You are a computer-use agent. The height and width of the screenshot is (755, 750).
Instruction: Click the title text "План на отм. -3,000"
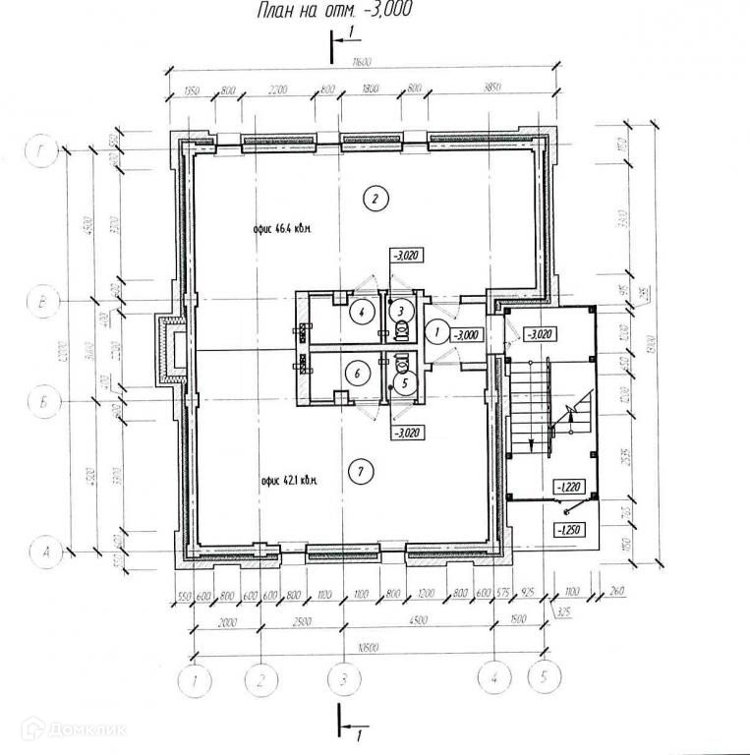333,13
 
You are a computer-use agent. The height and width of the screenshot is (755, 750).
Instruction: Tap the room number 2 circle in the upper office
374,200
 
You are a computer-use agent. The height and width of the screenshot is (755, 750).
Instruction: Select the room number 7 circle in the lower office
363,472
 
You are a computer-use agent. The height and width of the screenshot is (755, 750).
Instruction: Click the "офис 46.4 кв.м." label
282,229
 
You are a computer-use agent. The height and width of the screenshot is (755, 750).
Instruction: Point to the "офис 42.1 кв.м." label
294,481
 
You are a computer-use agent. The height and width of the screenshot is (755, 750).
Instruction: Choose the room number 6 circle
360,373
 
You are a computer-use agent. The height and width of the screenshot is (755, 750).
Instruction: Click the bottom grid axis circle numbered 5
541,677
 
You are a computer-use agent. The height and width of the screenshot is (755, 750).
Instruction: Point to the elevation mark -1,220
570,486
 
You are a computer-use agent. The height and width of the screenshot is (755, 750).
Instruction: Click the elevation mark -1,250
570,531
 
